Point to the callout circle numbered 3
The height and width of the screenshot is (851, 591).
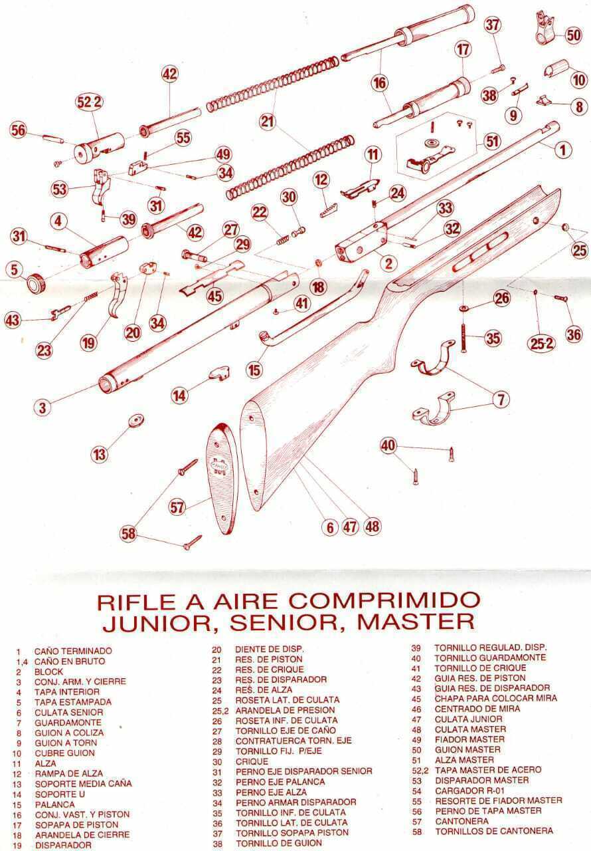click(42, 407)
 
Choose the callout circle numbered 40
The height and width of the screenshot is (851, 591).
click(388, 444)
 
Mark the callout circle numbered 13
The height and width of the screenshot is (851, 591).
click(100, 455)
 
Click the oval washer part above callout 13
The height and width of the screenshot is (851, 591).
click(135, 421)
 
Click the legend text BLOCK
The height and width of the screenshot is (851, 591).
click(49, 671)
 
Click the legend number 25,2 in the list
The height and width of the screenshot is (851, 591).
click(220, 709)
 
